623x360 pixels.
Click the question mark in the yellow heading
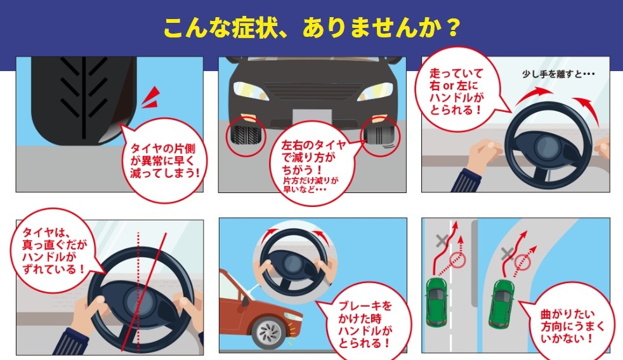tap(452, 28)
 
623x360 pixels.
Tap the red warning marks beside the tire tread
tap(151, 98)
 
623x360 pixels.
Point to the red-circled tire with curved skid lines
tap(381, 137)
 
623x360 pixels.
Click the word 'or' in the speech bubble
tap(449, 86)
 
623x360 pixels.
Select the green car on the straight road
tap(436, 302)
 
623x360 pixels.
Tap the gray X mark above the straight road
tap(442, 241)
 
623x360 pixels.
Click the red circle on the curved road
tap(523, 262)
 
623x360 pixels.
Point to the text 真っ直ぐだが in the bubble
tap(55, 244)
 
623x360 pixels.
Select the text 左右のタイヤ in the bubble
tap(314, 145)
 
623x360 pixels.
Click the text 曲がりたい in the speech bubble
tap(567, 314)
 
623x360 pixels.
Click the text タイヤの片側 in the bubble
tap(163, 149)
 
